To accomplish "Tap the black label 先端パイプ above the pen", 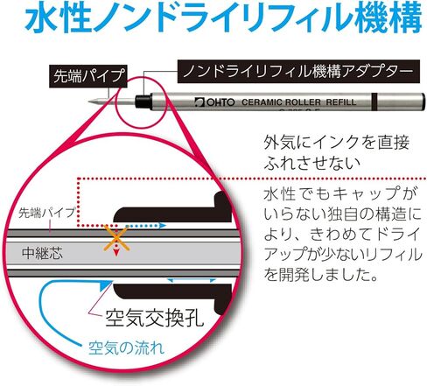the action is [x=88, y=76].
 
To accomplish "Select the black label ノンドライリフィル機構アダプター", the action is [x=298, y=71].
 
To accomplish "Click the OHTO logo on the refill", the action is [x=214, y=102].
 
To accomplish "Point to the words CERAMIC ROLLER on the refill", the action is [x=281, y=102].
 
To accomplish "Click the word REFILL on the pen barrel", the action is [x=341, y=102].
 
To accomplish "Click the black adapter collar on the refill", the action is [x=143, y=102].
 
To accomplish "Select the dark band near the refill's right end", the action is [x=374, y=102].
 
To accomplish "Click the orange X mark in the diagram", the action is [x=116, y=238].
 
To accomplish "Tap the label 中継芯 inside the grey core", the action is [x=42, y=253].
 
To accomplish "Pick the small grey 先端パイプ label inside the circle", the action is [x=47, y=213].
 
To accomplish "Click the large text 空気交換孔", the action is [x=154, y=318].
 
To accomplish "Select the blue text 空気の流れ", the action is [x=126, y=347].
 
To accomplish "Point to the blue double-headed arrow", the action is [x=191, y=280].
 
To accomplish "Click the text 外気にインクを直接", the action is [x=336, y=143].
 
